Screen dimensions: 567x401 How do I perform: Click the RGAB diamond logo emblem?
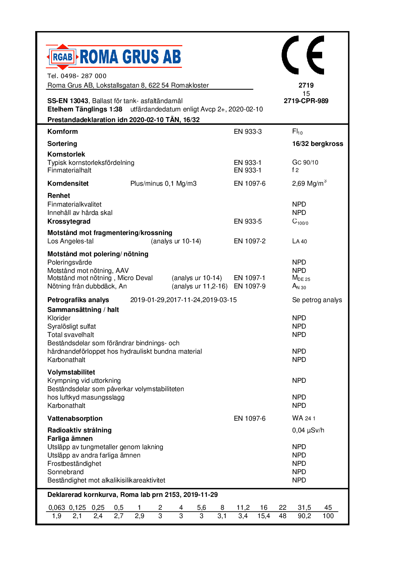tap(62, 57)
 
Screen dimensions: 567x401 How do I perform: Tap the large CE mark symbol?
tap(303, 55)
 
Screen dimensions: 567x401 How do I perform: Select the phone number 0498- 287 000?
tap(83, 76)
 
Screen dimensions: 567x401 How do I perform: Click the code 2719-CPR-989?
tap(306, 101)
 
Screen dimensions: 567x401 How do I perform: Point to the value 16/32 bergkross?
tap(317, 144)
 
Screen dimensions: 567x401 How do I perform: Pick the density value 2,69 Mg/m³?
tap(309, 183)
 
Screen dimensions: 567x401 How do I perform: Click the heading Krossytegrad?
tap(69, 221)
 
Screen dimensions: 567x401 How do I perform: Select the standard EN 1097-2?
tap(249, 241)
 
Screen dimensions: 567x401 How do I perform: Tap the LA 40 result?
tap(299, 241)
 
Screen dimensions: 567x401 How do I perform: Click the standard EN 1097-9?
tap(249, 286)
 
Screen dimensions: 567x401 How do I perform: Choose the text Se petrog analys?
tap(317, 300)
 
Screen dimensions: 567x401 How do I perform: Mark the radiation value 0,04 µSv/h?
tap(308, 430)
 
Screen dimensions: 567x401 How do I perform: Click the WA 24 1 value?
tap(304, 418)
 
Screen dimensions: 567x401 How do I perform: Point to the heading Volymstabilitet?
tap(71, 372)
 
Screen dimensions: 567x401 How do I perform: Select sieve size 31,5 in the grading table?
tap(304, 507)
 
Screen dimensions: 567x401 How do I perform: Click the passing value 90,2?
tap(304, 516)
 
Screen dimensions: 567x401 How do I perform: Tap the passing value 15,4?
tap(263, 516)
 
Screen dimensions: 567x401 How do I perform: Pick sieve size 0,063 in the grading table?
tap(56, 507)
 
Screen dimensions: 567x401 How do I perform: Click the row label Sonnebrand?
tap(66, 472)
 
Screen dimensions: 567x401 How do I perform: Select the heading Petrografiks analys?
tap(78, 300)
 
